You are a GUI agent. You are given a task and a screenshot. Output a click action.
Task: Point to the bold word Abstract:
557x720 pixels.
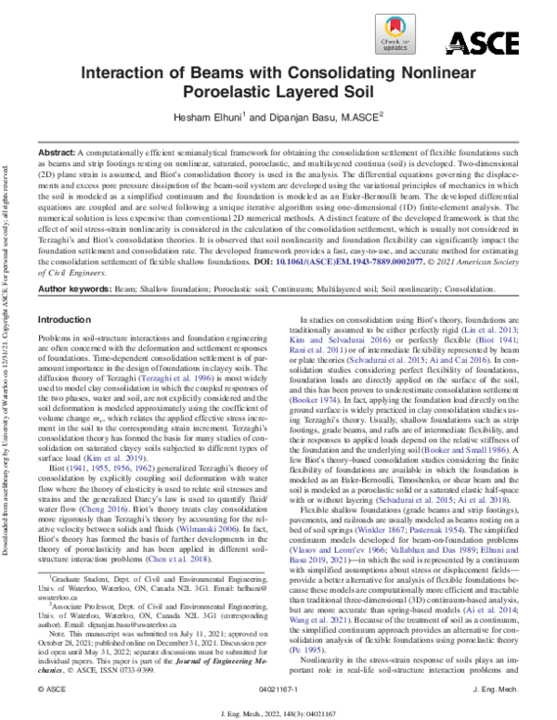(x=55, y=150)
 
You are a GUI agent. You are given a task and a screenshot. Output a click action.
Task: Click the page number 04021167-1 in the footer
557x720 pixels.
(x=278, y=688)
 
